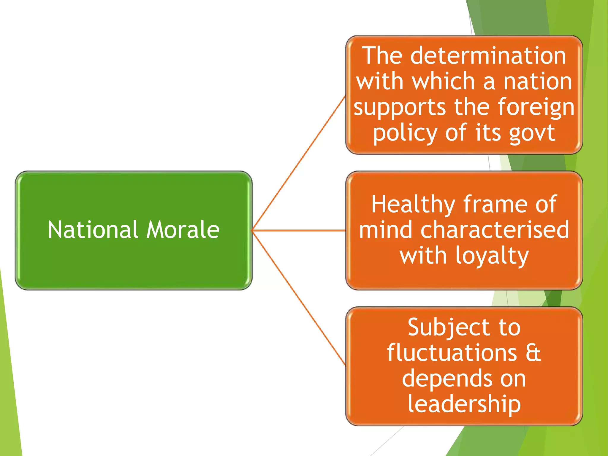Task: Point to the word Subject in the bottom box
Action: [449, 328]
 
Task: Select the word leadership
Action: [464, 405]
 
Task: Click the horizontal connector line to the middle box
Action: [299, 230]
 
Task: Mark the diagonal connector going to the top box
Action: [299, 163]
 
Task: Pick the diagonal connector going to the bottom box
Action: [299, 298]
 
